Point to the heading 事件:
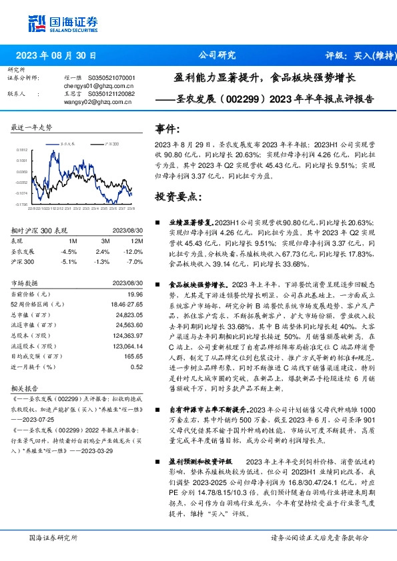(167, 129)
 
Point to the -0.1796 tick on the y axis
(22, 204)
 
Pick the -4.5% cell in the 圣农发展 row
(69, 251)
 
